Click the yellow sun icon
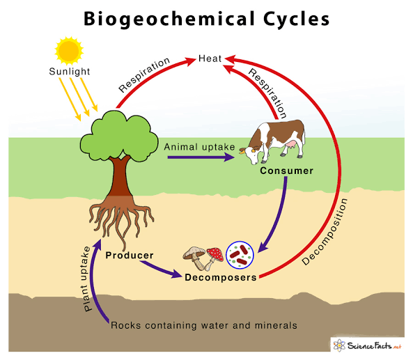click(x=68, y=49)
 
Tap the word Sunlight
click(x=68, y=72)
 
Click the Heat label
click(x=210, y=58)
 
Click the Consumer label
click(x=287, y=171)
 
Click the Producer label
click(x=130, y=256)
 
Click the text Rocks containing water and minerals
click(x=204, y=325)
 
